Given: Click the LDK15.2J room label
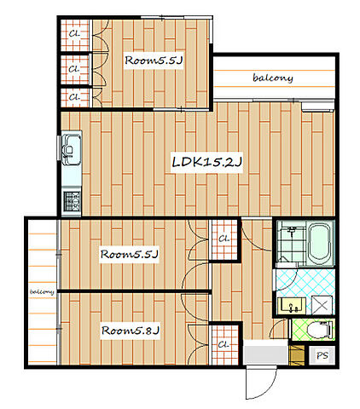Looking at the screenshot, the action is click(207, 162).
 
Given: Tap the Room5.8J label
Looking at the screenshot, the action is click(131, 331).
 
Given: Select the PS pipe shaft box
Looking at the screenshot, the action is click(322, 355).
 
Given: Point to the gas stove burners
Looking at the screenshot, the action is click(72, 201).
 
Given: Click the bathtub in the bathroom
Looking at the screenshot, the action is click(321, 243).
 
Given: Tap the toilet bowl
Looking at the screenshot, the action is click(320, 330).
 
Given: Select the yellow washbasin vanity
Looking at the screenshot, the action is click(292, 306).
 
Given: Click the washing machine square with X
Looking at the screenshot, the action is click(322, 305).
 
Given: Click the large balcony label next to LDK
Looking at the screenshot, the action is click(273, 78).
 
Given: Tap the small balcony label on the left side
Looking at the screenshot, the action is click(42, 291).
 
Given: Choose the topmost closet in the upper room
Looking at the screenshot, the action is click(75, 35).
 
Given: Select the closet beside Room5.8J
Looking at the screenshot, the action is click(224, 345).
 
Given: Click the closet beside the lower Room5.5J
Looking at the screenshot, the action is click(224, 239).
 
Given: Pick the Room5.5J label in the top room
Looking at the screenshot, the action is click(154, 60).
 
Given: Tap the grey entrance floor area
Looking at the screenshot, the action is click(266, 352).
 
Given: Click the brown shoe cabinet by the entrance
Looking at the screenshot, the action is click(296, 355).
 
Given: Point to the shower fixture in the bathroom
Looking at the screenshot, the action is click(292, 230).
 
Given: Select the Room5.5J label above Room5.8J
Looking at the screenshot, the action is click(130, 254).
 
